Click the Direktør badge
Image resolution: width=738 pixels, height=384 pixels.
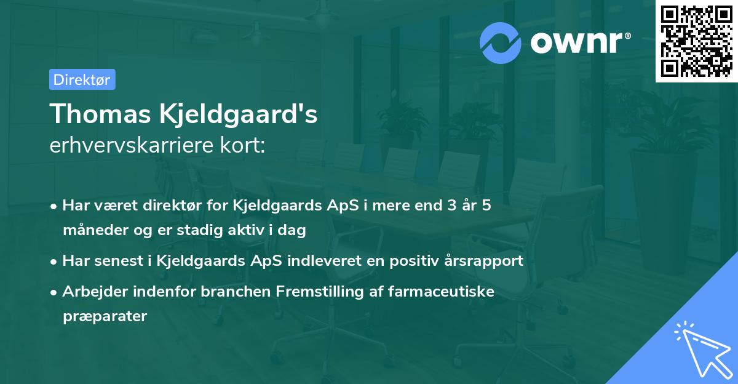[82, 79]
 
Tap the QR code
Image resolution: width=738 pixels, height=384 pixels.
[696, 41]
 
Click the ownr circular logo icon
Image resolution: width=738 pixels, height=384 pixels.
[500, 43]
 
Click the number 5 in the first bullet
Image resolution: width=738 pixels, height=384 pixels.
[486, 206]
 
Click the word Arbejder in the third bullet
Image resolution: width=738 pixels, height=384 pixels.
[90, 291]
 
